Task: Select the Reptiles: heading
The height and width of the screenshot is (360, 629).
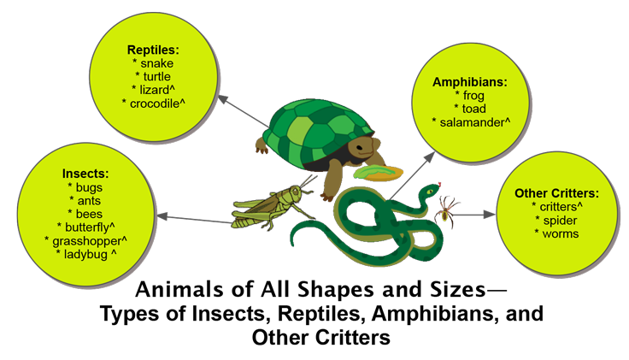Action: click(x=153, y=49)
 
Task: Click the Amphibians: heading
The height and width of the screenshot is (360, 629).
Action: click(x=470, y=83)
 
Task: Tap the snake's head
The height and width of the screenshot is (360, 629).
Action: click(x=427, y=193)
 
